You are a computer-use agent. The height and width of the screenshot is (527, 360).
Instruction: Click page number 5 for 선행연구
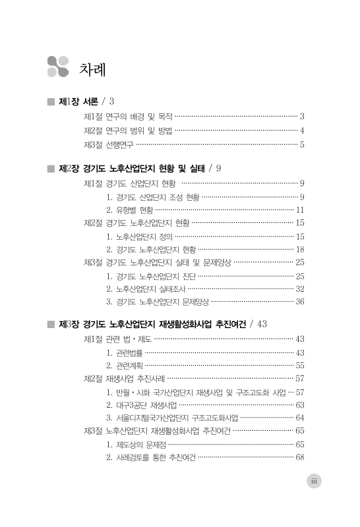[x=302, y=144]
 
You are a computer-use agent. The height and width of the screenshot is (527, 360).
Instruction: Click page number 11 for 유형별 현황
[x=299, y=210]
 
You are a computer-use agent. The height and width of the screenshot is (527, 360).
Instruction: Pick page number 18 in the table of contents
[x=299, y=250]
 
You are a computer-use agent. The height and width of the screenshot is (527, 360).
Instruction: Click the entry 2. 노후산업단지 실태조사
[x=145, y=289]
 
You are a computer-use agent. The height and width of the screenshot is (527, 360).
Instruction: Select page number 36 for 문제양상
[x=299, y=302]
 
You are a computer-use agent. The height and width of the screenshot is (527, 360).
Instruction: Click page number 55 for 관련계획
[x=299, y=365]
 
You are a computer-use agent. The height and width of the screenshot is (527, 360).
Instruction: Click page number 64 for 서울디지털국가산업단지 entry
[x=299, y=418]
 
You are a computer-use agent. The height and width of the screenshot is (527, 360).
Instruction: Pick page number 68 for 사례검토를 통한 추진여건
[x=299, y=457]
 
